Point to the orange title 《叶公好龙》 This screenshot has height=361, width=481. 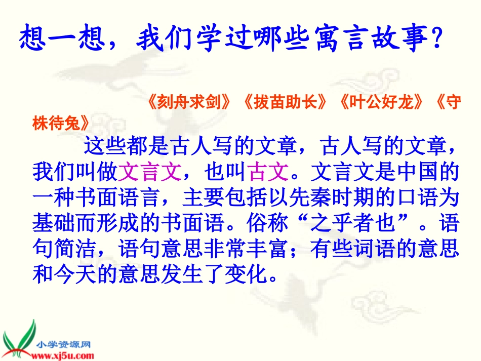381,103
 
